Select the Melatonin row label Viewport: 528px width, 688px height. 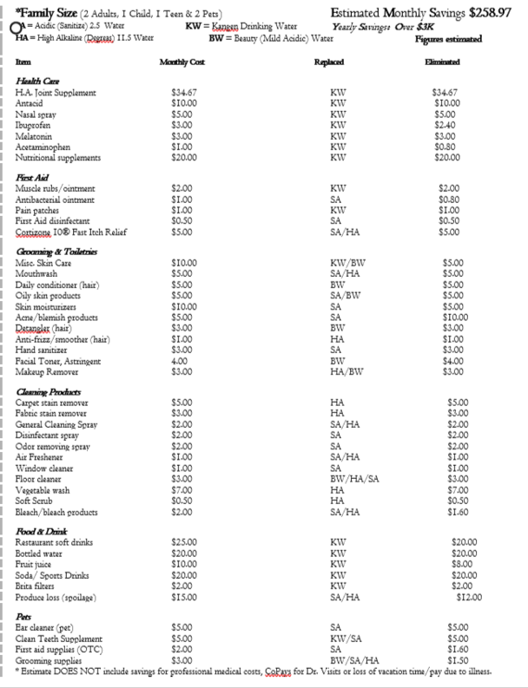34,136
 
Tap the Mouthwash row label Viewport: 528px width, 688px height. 36,273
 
